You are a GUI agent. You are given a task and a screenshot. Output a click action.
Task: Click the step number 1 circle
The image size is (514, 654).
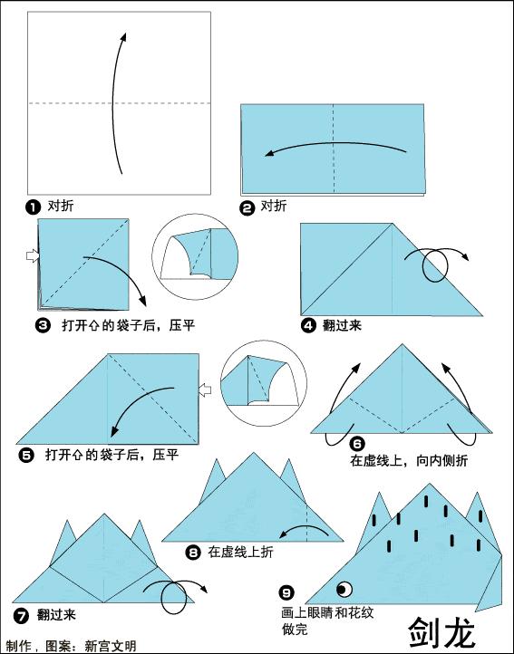(x=34, y=207)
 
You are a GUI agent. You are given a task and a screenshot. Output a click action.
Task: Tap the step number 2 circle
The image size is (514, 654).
(x=247, y=207)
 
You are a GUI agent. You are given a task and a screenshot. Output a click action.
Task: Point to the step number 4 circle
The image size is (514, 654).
(x=308, y=325)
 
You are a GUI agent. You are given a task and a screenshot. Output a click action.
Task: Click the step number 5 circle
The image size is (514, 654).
(x=26, y=454)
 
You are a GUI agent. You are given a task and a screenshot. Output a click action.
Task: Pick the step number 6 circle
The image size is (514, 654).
(x=357, y=444)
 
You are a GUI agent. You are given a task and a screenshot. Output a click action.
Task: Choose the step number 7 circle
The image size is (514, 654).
(x=18, y=615)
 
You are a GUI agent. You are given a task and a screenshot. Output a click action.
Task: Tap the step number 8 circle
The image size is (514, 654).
(x=193, y=552)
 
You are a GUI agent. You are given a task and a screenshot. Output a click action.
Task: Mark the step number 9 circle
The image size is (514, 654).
(x=287, y=593)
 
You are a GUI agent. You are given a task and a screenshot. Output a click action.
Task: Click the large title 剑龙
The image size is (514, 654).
(x=441, y=631)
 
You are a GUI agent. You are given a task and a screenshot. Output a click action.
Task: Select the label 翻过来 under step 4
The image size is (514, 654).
(x=342, y=325)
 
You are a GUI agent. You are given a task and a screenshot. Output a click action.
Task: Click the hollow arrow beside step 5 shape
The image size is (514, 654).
(x=205, y=390)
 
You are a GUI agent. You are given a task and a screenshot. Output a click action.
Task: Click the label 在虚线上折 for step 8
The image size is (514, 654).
(x=240, y=552)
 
